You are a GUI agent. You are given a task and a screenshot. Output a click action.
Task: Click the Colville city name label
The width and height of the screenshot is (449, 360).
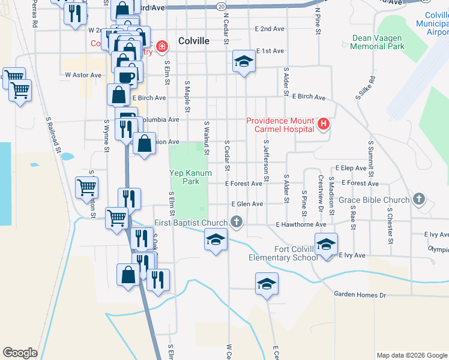tap(194, 41)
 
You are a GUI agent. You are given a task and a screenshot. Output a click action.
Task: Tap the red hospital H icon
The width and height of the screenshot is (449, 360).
tap(324, 124)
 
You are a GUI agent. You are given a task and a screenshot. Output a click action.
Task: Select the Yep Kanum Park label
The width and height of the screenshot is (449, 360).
tap(190, 177)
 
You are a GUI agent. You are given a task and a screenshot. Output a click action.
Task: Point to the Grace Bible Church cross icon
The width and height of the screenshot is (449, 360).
tap(419, 199)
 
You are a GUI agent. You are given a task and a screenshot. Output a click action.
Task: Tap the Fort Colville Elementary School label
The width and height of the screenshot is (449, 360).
tap(283, 253)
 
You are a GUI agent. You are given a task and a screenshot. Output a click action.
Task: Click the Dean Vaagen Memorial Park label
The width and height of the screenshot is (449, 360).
tap(378, 42)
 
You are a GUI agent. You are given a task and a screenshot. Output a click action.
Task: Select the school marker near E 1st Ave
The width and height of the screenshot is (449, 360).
tap(244, 61)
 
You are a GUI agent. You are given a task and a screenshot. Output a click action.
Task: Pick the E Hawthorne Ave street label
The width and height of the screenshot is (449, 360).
tap(301, 224)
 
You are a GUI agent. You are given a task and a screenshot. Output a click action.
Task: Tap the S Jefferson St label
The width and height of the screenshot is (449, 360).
tap(265, 161)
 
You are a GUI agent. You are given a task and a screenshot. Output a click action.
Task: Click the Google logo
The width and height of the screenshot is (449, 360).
tap(20, 353)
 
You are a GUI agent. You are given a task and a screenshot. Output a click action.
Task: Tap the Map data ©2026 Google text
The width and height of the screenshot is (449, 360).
tap(412, 355)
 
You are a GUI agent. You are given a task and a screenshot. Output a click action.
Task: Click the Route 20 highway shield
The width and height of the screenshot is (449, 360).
tap(221, 5)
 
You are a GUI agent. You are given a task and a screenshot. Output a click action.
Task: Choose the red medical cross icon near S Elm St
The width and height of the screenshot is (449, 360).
tap(161, 46)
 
